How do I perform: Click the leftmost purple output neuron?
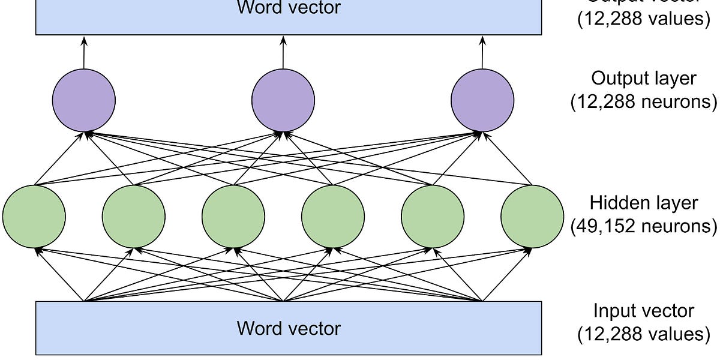83,100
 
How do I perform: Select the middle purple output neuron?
283,100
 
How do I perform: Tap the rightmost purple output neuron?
482,100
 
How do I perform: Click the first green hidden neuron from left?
34,216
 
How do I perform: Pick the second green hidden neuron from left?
134,216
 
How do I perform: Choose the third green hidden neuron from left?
233,216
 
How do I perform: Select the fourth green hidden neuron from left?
333,216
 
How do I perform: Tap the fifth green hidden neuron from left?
433,216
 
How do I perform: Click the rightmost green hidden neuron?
532,216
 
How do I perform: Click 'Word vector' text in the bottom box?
289,328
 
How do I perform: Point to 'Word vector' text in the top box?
289,8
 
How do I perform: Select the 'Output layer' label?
644,79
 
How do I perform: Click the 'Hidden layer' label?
644,203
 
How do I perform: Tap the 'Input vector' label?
644,311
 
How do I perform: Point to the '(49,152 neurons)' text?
644,226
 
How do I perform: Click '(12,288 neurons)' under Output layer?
644,102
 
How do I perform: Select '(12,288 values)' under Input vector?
644,334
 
